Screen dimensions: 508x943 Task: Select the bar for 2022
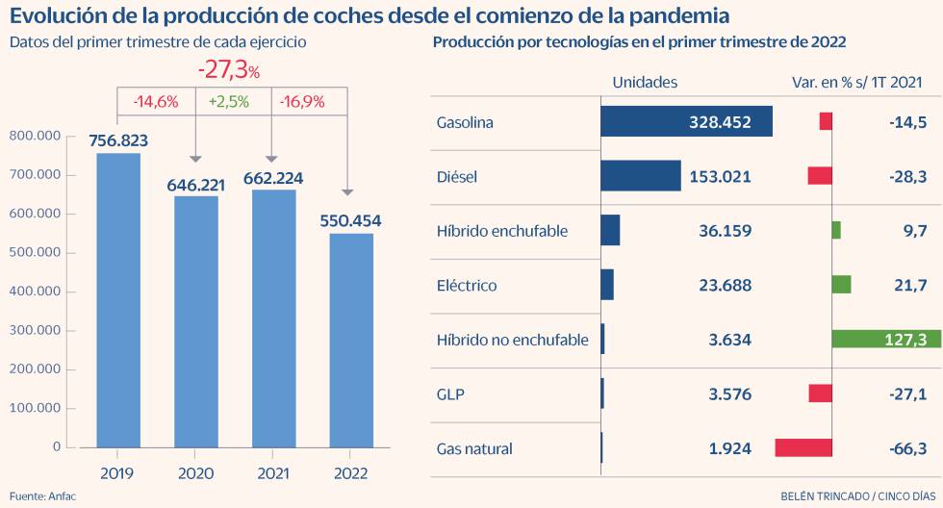click(350, 341)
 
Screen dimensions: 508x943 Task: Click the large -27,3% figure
click(229, 70)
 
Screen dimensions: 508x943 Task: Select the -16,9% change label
click(302, 101)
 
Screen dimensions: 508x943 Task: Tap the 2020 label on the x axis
click(195, 473)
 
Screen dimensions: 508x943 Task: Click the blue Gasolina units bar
click(686, 122)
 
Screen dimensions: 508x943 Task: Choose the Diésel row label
click(457, 177)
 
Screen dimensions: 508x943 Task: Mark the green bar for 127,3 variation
click(885, 339)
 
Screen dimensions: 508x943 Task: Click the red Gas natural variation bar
click(803, 447)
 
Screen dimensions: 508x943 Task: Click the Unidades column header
click(645, 83)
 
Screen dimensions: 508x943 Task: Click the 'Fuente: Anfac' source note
click(41, 495)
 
